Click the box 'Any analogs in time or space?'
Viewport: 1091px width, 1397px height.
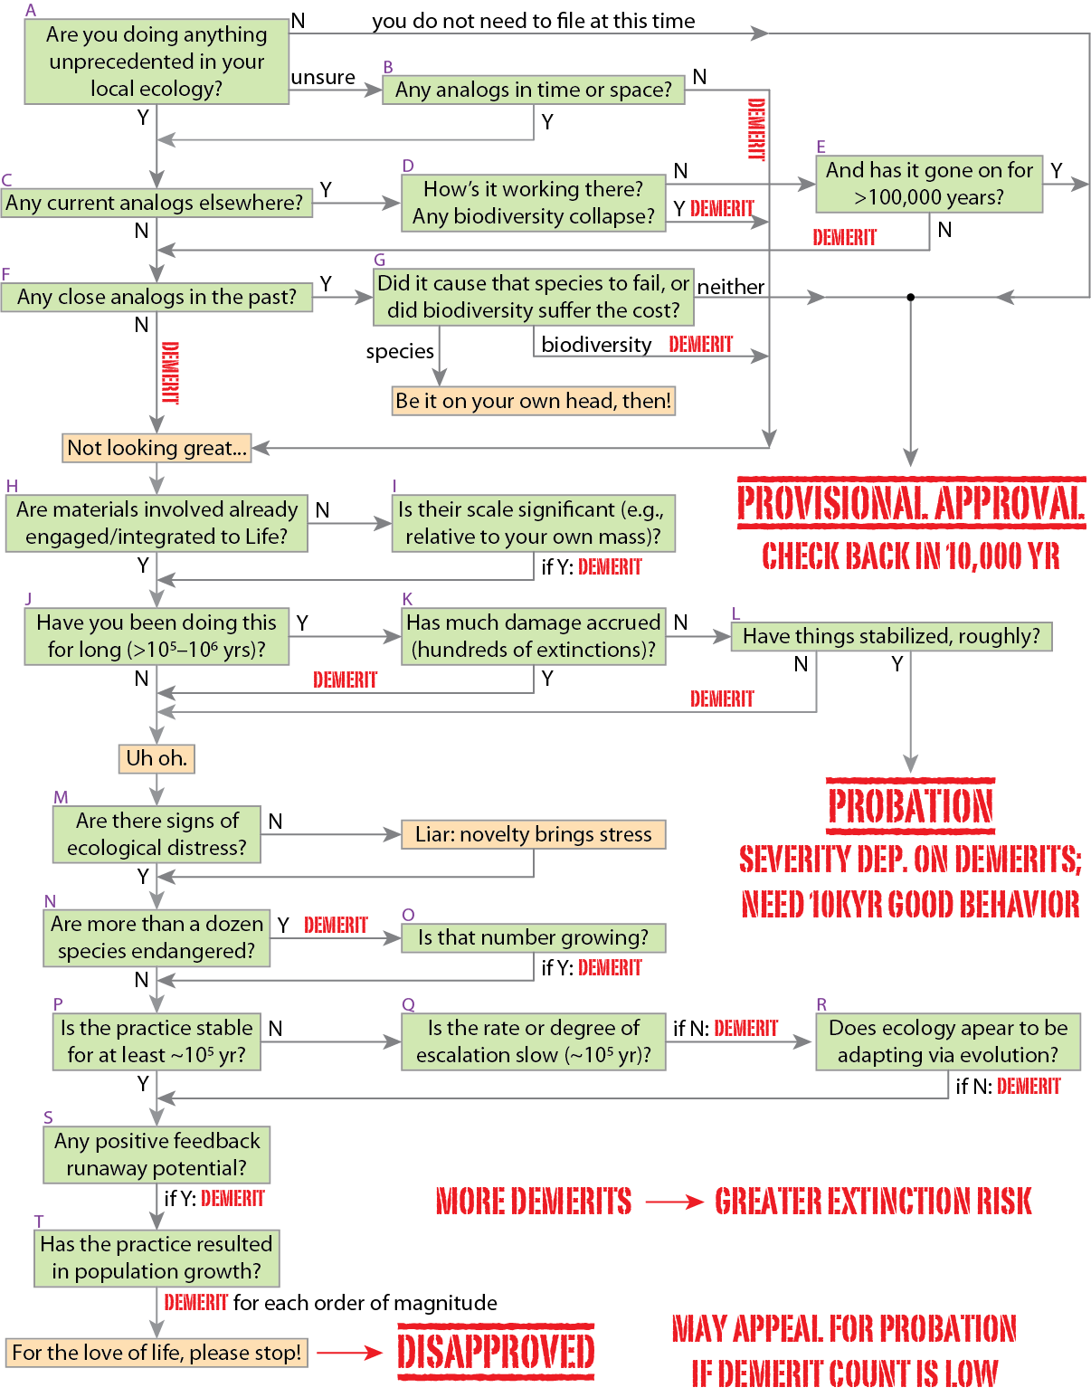tap(533, 90)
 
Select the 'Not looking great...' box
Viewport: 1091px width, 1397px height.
tap(157, 448)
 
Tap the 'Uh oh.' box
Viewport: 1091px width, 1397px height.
tap(157, 758)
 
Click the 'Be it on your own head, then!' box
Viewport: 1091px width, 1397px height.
tap(534, 401)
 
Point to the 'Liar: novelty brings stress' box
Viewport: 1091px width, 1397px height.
tap(534, 834)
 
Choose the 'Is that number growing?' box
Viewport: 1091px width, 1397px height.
tap(534, 937)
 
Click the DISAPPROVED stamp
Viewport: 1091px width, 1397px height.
tap(496, 1352)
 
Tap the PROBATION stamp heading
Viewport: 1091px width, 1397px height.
tap(911, 805)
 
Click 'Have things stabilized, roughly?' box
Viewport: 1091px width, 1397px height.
tap(891, 636)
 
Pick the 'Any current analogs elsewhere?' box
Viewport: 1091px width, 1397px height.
tap(157, 203)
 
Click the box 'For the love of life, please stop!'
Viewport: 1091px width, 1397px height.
tap(157, 1353)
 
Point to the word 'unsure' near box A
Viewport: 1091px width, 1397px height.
tap(323, 78)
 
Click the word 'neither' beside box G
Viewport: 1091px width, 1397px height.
tap(730, 287)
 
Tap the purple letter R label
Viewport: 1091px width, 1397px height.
tap(821, 1004)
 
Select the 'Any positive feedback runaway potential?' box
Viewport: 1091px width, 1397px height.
tap(157, 1155)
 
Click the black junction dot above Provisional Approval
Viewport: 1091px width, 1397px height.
tap(911, 297)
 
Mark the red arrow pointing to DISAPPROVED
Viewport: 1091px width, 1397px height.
tap(349, 1353)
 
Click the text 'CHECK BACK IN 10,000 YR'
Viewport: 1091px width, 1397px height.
tap(911, 556)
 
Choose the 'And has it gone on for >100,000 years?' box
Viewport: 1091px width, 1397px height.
tap(929, 184)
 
